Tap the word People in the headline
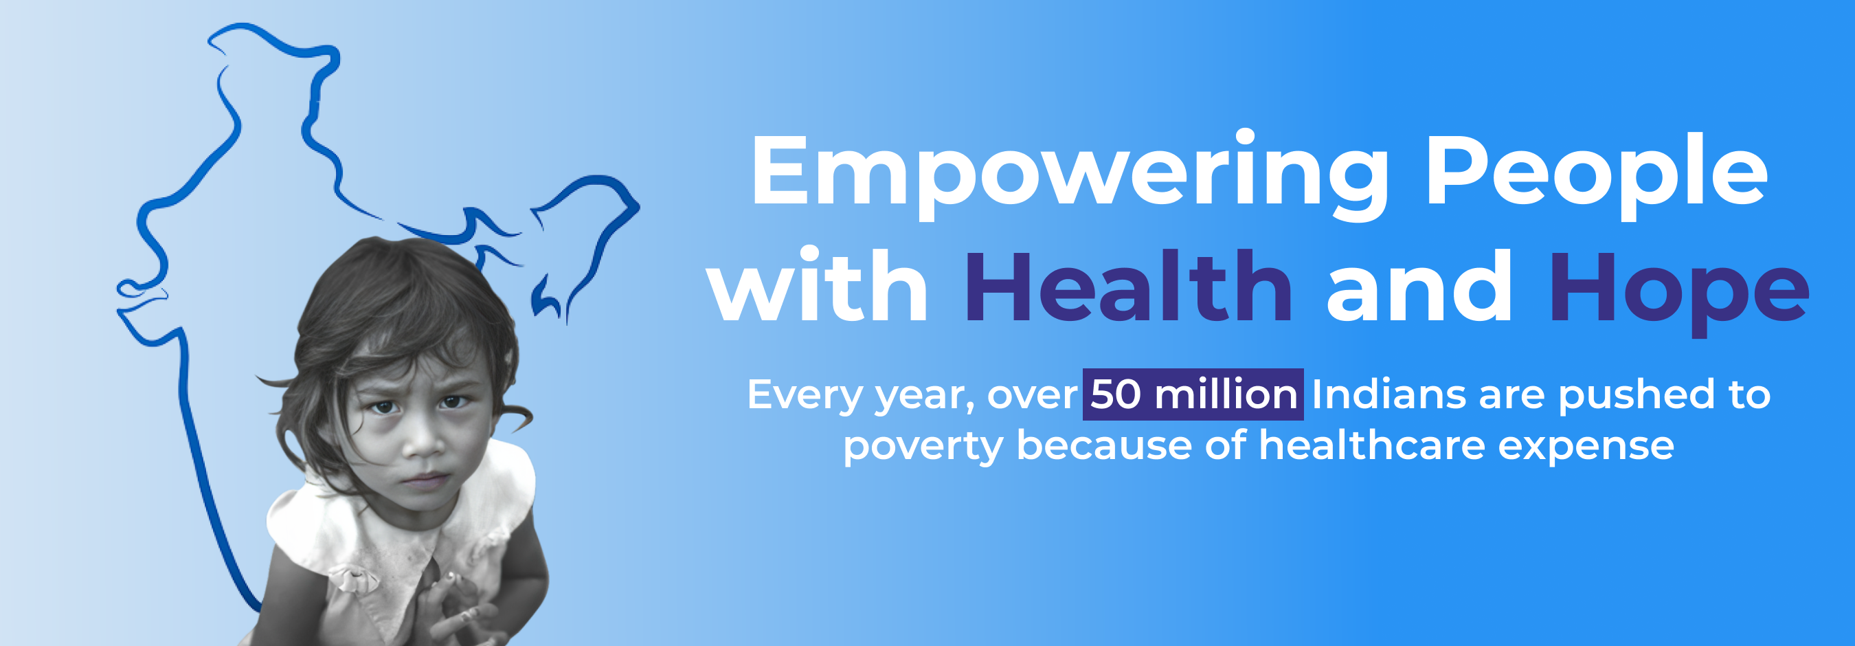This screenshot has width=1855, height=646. tap(1597, 175)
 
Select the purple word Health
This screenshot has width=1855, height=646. tap(1127, 287)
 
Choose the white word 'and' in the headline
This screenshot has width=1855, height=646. tap(1419, 287)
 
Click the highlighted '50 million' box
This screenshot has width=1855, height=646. tap(1193, 394)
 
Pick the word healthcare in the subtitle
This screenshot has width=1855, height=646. tap(1372, 445)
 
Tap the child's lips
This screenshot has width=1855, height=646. tap(426, 480)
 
